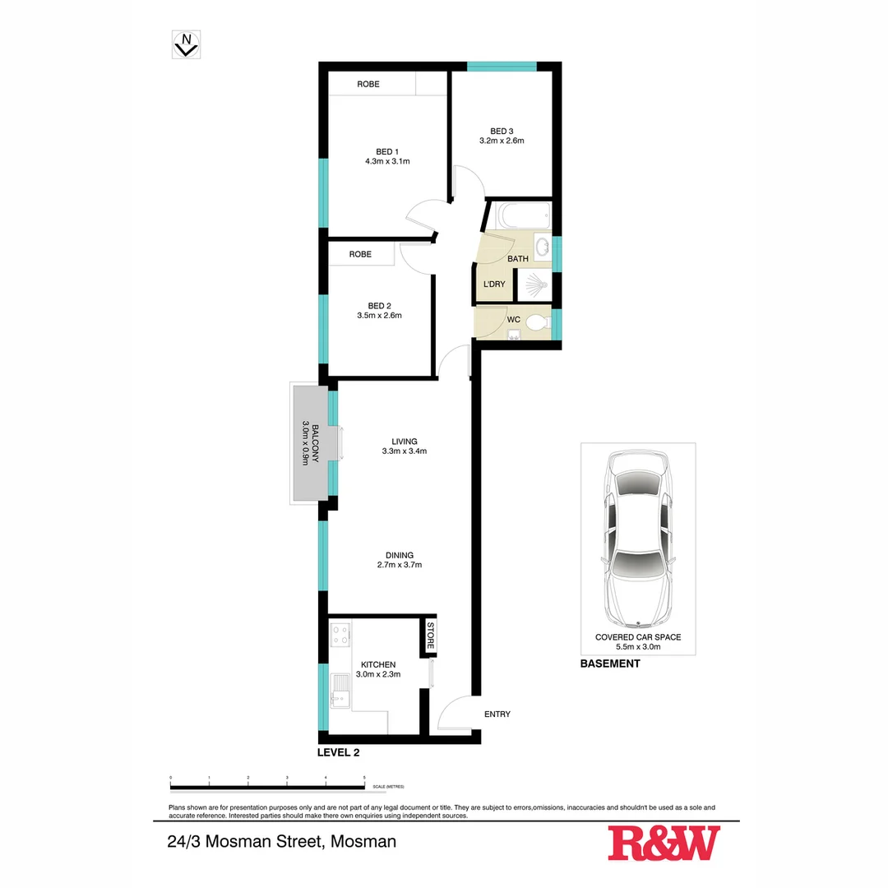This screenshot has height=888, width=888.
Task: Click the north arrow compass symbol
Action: [187, 44]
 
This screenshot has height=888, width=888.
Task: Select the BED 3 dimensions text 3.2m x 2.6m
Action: [502, 141]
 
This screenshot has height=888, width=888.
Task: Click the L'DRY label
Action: [493, 284]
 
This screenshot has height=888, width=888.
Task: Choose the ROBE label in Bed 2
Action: [360, 254]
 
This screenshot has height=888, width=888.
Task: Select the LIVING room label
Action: [404, 441]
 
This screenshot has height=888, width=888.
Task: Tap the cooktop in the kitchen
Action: [340, 634]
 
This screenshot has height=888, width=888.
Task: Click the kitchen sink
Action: [340, 690]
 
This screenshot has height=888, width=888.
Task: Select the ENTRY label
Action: [497, 714]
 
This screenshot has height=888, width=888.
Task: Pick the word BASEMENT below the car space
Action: [609, 664]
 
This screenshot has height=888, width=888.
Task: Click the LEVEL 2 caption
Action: [338, 752]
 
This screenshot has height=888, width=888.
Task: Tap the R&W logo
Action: [664, 844]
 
